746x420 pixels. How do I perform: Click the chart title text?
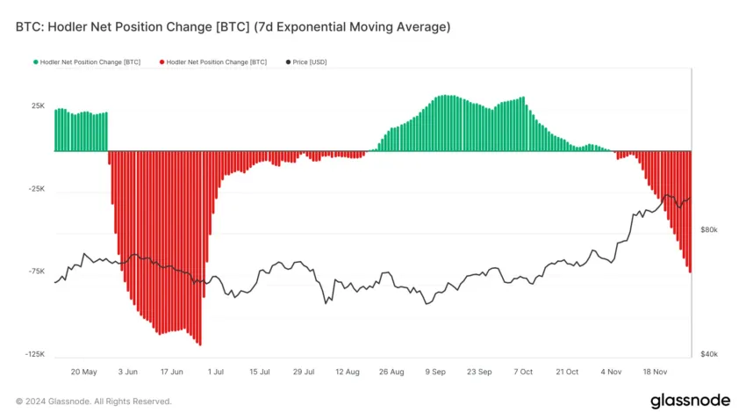pyautogui.click(x=233, y=27)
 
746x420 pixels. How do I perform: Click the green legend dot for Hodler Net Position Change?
pyautogui.click(x=36, y=62)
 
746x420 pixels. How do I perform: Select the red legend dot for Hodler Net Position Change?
pyautogui.click(x=161, y=62)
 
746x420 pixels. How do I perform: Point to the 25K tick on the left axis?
pyautogui.click(x=39, y=106)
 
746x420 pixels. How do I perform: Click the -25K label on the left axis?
pyautogui.click(x=37, y=189)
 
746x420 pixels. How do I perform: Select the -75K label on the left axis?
pyautogui.click(x=37, y=272)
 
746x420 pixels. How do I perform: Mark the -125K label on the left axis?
pyautogui.click(x=35, y=354)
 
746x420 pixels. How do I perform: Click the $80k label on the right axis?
pyautogui.click(x=708, y=229)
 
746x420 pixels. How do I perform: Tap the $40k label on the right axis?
pyautogui.click(x=708, y=354)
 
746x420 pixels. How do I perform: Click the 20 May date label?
pyautogui.click(x=83, y=372)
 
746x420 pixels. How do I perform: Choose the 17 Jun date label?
pyautogui.click(x=170, y=372)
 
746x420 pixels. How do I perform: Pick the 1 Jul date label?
pyautogui.click(x=215, y=372)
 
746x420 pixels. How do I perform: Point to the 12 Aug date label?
pyautogui.click(x=348, y=372)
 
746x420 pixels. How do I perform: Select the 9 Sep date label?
pyautogui.click(x=435, y=372)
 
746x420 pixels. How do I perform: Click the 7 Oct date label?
pyautogui.click(x=523, y=372)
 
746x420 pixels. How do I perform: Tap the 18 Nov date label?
pyautogui.click(x=656, y=372)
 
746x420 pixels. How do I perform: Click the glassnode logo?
pyautogui.click(x=689, y=401)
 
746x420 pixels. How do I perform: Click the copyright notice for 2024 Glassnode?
pyautogui.click(x=94, y=402)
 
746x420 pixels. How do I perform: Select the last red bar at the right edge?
pyautogui.click(x=690, y=211)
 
